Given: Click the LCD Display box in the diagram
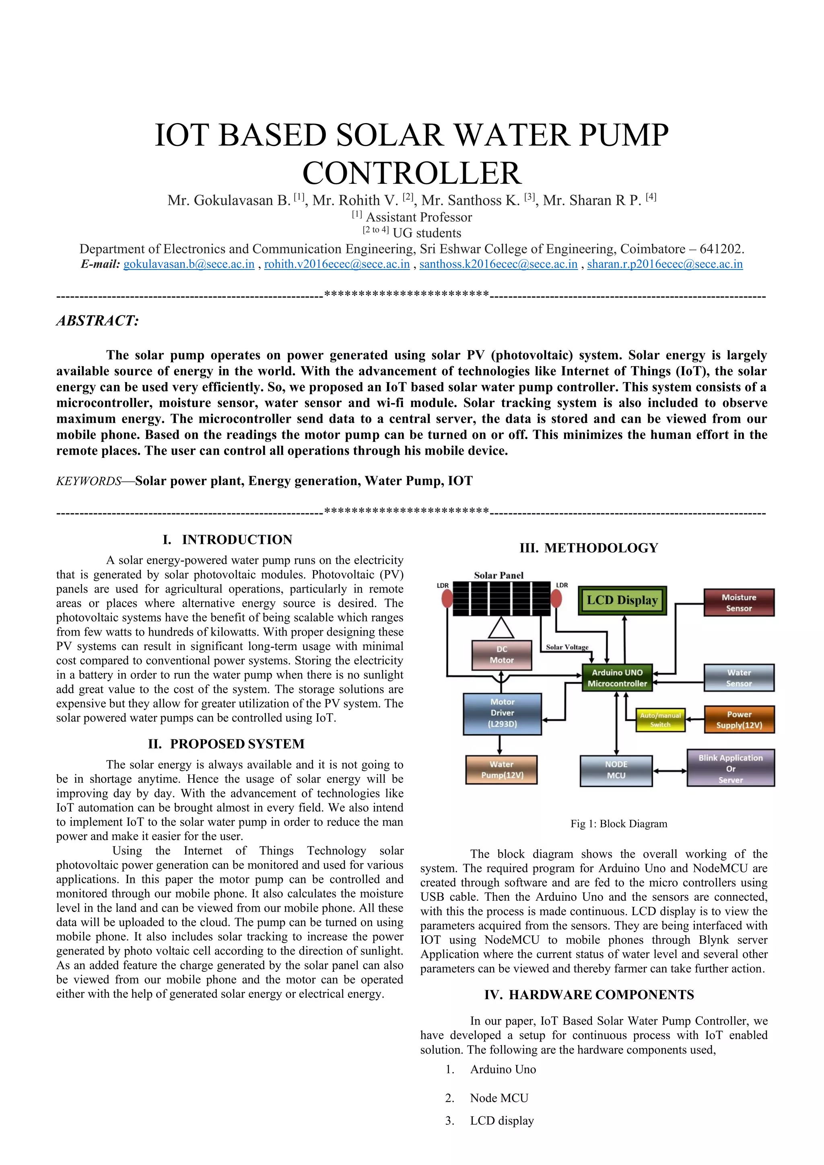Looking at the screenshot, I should [x=622, y=601].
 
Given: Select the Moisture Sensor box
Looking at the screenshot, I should [x=739, y=603].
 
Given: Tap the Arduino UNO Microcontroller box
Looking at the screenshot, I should [x=617, y=678].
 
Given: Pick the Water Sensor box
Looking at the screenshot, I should [x=739, y=678].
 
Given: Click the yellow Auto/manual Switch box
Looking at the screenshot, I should [x=660, y=720].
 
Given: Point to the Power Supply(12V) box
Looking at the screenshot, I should [x=739, y=720].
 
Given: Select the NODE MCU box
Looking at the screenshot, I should [x=616, y=770].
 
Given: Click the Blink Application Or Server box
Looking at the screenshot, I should [x=731, y=768].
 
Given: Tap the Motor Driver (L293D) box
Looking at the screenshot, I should [x=502, y=713].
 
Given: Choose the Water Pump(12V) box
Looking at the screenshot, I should [x=502, y=770].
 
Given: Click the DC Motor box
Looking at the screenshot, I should [x=501, y=655].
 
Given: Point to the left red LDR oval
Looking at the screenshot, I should [x=447, y=599].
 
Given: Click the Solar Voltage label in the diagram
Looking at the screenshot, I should [x=567, y=647].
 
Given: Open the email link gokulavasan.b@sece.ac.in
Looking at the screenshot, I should [x=189, y=264].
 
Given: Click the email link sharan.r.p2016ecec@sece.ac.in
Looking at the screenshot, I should [x=665, y=264].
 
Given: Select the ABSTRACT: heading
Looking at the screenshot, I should [x=97, y=321].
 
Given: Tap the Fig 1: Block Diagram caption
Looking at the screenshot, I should [x=618, y=823].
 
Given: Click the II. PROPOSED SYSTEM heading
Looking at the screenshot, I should [x=226, y=744].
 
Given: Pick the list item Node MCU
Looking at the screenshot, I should [x=499, y=1098].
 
